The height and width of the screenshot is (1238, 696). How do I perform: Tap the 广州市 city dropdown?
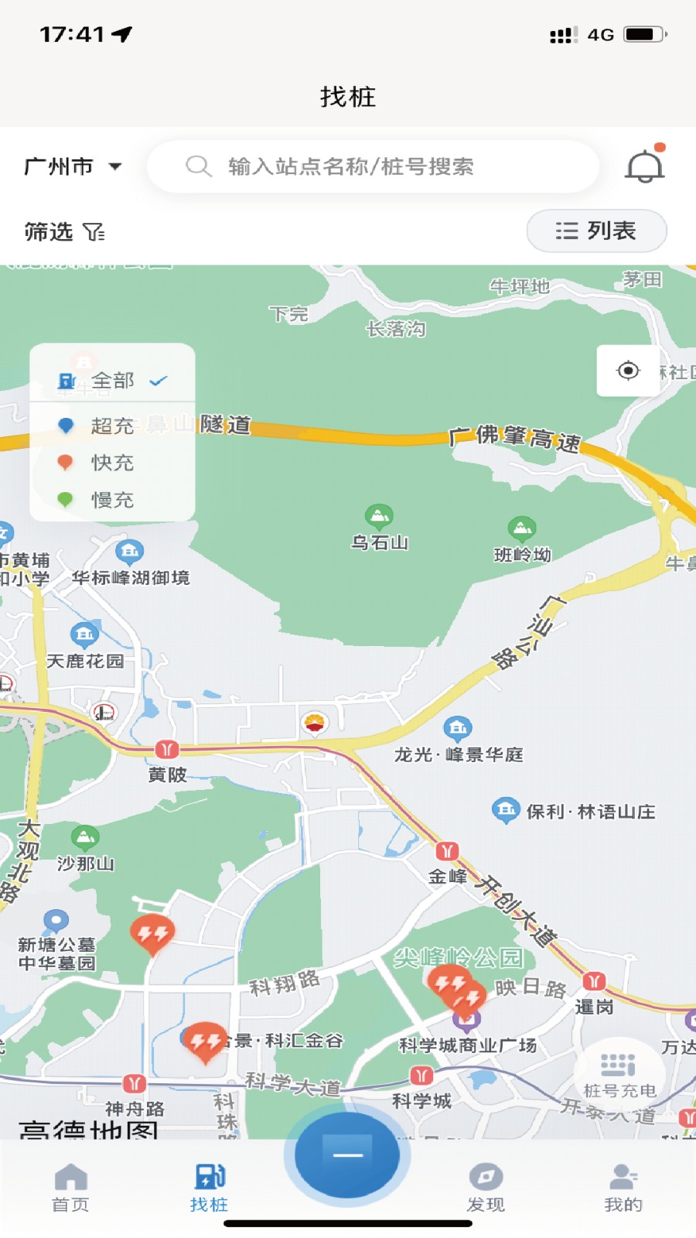coord(73,166)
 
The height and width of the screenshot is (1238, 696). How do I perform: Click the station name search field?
coord(373,166)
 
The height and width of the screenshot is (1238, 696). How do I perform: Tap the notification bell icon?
coord(644,166)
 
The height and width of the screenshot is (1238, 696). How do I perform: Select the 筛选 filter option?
coord(63,231)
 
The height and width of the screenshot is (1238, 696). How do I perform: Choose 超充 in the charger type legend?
coord(112,426)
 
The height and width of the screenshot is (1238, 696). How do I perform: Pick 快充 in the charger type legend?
coord(112,463)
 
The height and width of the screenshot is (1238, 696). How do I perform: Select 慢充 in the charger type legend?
coord(112,500)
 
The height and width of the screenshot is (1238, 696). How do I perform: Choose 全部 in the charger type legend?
coord(112,381)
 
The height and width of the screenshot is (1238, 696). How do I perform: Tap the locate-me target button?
coord(628,371)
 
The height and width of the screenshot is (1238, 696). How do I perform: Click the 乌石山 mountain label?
coord(379,542)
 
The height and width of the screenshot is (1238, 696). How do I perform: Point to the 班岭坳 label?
coord(522,554)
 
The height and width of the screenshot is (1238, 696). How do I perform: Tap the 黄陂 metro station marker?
coord(167,749)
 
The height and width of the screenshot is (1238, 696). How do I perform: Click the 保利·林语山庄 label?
coord(590,812)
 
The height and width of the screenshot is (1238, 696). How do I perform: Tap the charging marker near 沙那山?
coord(152,934)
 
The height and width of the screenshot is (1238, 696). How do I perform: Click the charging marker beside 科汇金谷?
coord(205,1041)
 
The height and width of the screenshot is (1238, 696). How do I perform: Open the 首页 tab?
coord(70,1188)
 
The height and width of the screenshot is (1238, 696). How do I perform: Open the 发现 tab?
coord(486,1188)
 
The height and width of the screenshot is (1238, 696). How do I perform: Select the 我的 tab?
coord(623,1188)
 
